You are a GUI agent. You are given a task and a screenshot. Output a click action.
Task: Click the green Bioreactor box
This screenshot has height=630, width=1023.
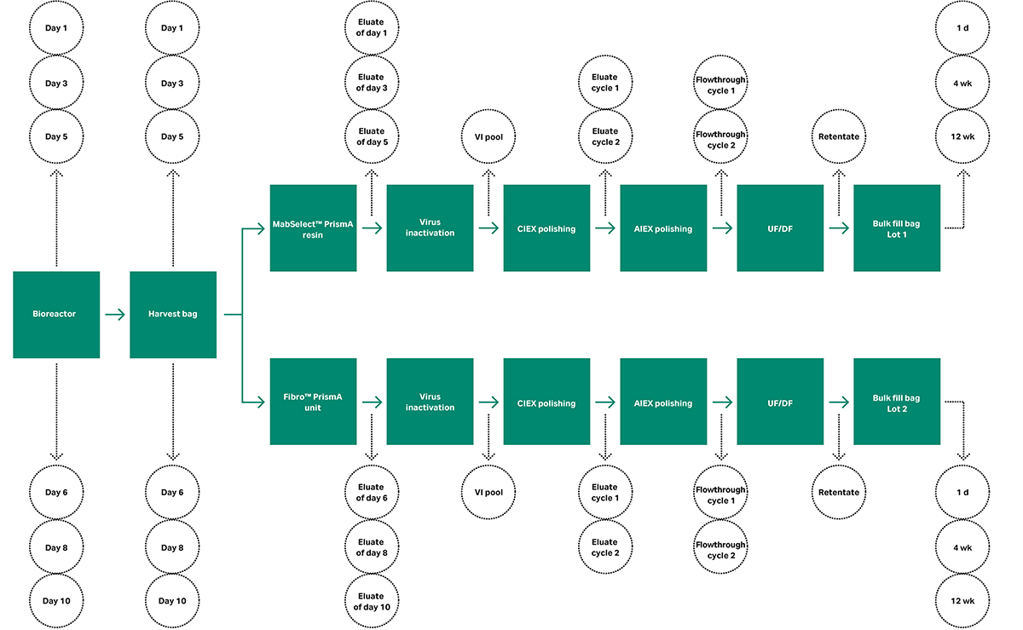56,314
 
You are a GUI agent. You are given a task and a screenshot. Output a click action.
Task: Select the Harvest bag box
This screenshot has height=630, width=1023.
173,314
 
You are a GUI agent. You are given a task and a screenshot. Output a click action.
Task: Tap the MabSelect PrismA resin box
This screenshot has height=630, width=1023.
313,228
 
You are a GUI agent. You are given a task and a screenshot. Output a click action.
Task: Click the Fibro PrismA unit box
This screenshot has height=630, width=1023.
313,402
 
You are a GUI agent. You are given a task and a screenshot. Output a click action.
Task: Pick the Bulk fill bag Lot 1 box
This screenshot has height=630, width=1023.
896,228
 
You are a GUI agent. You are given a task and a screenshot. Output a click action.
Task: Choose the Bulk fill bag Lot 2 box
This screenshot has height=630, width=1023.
896,402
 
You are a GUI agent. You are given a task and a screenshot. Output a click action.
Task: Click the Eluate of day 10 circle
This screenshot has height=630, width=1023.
372,600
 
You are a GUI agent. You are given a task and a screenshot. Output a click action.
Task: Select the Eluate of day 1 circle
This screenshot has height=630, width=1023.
372,28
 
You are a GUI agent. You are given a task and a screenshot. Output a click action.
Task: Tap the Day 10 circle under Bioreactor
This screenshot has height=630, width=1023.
55,600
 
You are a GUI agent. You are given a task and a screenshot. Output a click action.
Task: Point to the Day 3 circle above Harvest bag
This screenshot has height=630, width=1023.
172,83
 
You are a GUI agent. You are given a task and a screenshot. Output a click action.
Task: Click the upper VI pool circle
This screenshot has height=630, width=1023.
488,136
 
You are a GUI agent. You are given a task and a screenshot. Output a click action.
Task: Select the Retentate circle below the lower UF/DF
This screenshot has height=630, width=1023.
838,492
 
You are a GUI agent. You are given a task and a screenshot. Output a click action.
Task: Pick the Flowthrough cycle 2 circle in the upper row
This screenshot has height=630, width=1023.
721,139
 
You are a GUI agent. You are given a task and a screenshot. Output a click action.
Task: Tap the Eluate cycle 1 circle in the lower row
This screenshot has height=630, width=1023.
604,492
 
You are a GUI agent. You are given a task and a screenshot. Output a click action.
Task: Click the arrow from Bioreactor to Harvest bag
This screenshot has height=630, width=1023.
114,315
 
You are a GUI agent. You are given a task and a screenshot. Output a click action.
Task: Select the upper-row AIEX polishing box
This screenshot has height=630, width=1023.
663,228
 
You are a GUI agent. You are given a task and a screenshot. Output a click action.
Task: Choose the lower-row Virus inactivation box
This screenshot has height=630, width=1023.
430,402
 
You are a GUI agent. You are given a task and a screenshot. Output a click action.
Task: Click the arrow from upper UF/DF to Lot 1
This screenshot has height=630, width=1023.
838,228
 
